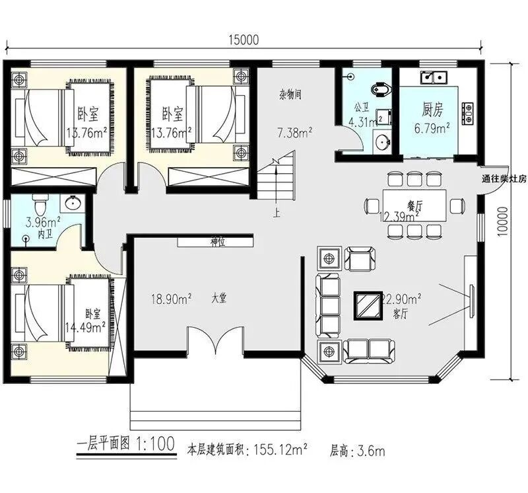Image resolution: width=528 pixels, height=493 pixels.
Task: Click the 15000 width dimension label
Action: point(244,40)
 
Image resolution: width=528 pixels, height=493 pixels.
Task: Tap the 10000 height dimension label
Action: point(502,222)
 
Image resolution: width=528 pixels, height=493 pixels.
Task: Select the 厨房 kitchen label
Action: point(433,110)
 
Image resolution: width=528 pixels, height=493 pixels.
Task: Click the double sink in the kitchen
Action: point(434,77)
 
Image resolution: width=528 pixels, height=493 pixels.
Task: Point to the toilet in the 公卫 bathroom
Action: point(381,89)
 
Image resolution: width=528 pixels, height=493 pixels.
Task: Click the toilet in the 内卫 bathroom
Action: point(39,204)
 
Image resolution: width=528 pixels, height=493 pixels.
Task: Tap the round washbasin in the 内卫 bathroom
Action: point(72,204)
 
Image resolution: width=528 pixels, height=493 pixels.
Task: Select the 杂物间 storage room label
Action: point(290,95)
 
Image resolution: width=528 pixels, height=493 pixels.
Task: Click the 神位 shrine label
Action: point(218,242)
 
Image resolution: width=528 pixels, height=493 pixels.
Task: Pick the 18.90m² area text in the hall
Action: point(172,299)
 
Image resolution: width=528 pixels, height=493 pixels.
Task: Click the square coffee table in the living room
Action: point(368,306)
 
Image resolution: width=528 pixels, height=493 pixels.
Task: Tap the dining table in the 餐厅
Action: point(414,206)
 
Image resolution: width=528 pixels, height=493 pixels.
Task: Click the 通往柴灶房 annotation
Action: point(504,179)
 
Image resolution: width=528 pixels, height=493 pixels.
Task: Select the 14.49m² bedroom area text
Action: point(85,326)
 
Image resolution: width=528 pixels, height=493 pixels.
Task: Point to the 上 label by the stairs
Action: point(276,214)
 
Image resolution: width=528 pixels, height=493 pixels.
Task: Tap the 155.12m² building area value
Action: point(280,450)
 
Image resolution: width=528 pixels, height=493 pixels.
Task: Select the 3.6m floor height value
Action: point(370,451)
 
